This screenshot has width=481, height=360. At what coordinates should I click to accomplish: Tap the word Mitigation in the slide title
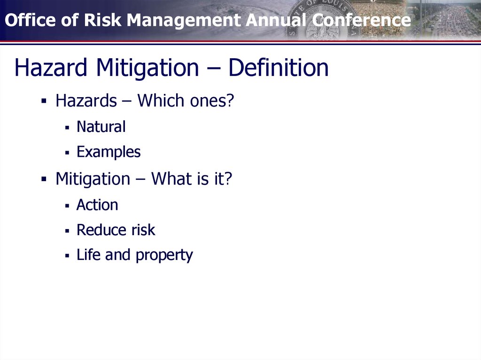(x=147, y=69)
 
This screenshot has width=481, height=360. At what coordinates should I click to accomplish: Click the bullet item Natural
(x=101, y=127)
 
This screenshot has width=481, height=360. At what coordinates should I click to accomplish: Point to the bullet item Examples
(x=109, y=152)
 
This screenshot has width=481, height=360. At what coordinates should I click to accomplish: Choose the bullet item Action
(x=97, y=205)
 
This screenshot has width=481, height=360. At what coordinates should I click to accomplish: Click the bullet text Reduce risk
(x=116, y=230)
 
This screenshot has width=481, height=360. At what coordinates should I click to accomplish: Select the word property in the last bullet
(x=164, y=256)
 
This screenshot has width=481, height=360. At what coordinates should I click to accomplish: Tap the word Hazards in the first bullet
(x=86, y=100)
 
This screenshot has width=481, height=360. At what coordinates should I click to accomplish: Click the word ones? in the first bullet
(x=212, y=101)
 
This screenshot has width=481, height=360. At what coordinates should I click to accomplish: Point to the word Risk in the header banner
(x=103, y=20)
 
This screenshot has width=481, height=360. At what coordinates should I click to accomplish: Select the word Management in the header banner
(x=184, y=21)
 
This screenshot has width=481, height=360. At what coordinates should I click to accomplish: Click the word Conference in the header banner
(x=361, y=20)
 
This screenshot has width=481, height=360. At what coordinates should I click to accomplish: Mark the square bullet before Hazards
(x=44, y=100)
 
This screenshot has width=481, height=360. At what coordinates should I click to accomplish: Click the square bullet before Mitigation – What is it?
(x=44, y=179)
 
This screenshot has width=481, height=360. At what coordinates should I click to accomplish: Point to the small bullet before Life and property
(x=67, y=255)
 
